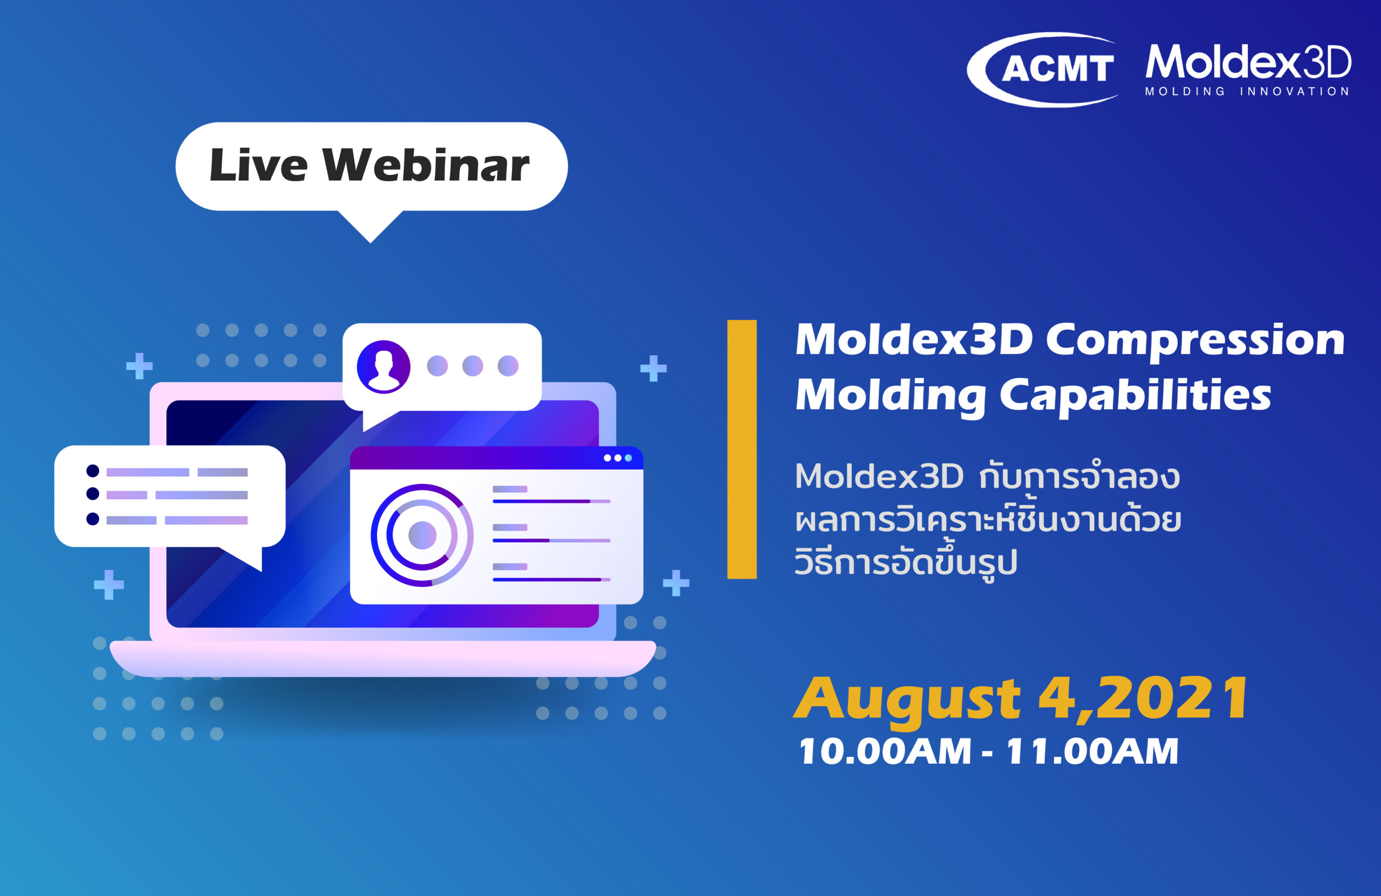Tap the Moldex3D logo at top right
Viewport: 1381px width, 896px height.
pyautogui.click(x=1248, y=63)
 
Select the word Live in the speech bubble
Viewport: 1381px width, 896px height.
pyautogui.click(x=258, y=166)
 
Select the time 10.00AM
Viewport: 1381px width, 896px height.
pyautogui.click(x=885, y=751)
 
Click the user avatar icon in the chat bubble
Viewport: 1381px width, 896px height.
pyautogui.click(x=383, y=367)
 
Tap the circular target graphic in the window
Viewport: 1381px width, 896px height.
pyautogui.click(x=422, y=535)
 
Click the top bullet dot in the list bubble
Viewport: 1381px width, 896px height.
pyautogui.click(x=93, y=470)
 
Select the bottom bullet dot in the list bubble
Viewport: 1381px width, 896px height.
pyautogui.click(x=93, y=519)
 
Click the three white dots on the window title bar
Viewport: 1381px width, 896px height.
pyautogui.click(x=617, y=458)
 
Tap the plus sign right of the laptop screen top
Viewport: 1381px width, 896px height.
pyautogui.click(x=653, y=368)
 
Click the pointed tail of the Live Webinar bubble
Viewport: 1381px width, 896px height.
pyautogui.click(x=370, y=229)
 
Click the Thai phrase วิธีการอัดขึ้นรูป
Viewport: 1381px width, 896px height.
pyautogui.click(x=906, y=562)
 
